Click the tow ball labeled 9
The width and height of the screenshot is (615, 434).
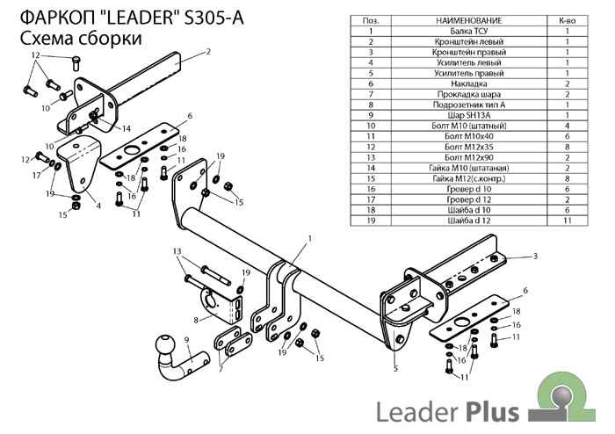click(x=165, y=345)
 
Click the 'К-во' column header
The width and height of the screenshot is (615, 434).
click(x=568, y=19)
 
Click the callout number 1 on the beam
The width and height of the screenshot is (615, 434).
click(x=309, y=238)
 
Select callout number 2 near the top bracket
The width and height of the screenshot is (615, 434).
click(x=208, y=52)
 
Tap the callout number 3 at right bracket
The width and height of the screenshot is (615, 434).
click(x=534, y=257)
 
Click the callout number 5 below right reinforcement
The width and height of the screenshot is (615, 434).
click(x=395, y=368)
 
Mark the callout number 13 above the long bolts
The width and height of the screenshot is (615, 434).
click(x=177, y=251)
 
